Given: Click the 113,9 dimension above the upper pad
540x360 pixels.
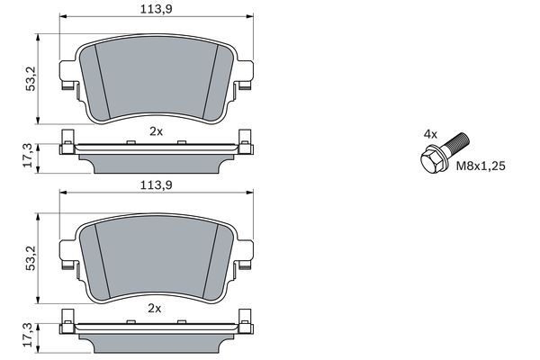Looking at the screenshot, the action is click(x=156, y=9).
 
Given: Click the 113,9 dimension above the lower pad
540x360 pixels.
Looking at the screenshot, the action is click(x=156, y=185).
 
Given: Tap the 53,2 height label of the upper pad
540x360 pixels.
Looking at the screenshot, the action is click(x=31, y=79).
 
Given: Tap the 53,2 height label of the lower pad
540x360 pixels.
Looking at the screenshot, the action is click(x=31, y=258).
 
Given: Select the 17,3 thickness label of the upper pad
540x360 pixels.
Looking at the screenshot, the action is click(x=28, y=156).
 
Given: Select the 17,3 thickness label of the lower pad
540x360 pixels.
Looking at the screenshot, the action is click(x=28, y=335).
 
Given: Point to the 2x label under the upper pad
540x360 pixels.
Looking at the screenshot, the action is click(x=156, y=131).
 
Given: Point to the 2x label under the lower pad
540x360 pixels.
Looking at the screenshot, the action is click(x=155, y=309).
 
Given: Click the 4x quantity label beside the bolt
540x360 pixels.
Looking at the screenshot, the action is click(x=430, y=134).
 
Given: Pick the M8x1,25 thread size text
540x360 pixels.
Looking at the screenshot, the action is click(x=481, y=166).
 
